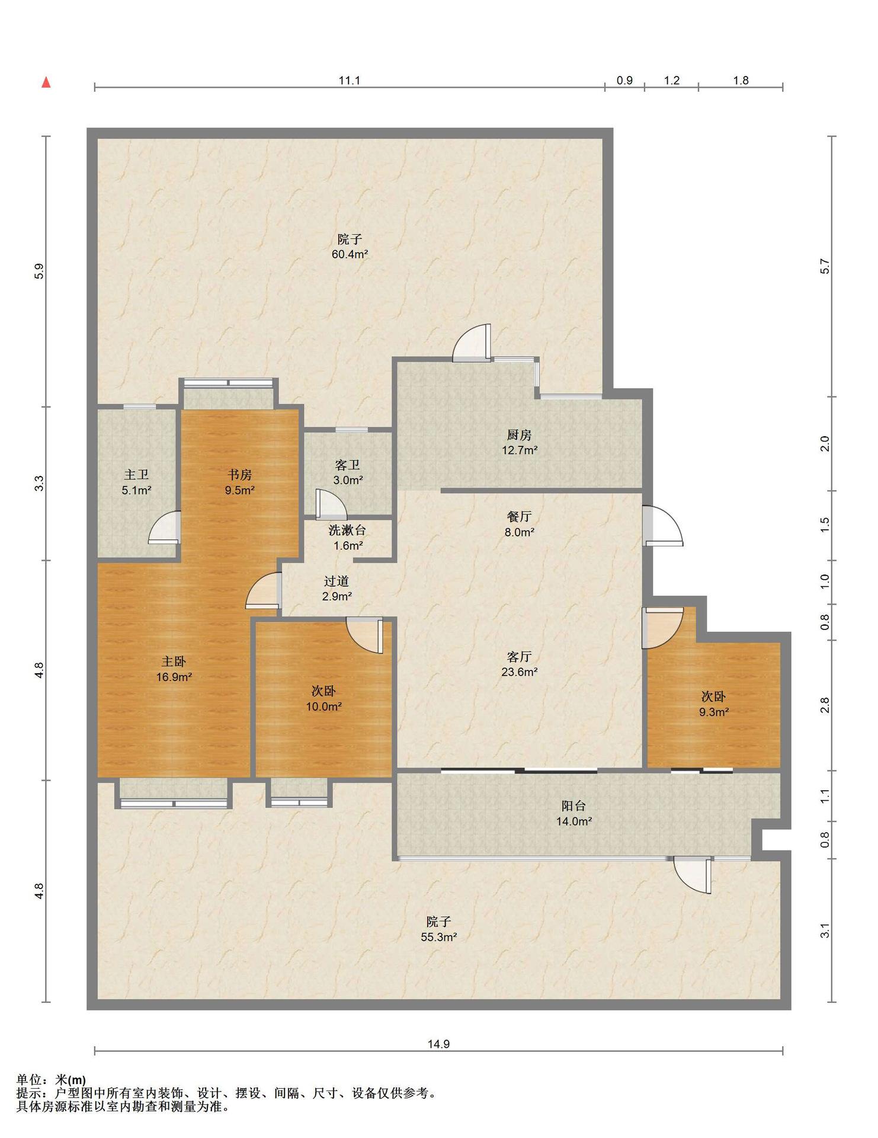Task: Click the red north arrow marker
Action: point(46,82)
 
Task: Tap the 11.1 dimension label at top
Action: point(350,81)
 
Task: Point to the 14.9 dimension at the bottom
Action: point(438,1044)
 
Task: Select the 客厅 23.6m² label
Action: point(520,664)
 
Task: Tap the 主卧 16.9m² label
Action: point(174,669)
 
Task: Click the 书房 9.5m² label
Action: point(240,482)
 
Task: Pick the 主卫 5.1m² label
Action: point(136,482)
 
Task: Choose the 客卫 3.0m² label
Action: point(348,472)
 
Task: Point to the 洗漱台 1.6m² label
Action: point(348,538)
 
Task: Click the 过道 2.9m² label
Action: point(337,589)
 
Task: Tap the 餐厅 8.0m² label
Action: point(520,524)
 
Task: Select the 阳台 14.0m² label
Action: point(573,813)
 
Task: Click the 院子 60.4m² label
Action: point(350,247)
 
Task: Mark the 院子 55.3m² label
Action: point(438,929)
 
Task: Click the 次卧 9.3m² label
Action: point(713,704)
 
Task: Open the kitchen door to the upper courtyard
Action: point(472,343)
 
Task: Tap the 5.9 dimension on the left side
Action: point(39,271)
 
